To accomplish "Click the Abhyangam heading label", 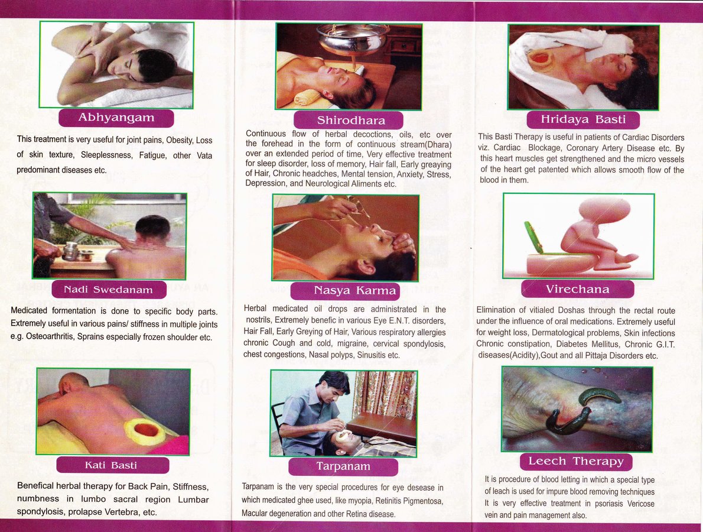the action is [x=116, y=118].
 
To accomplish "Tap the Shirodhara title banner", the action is [x=349, y=120].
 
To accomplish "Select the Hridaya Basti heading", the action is [x=583, y=119].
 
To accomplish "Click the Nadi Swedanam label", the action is [x=109, y=290].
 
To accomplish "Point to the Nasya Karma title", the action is [x=345, y=291].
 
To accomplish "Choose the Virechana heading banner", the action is [x=578, y=289].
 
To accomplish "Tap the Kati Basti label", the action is [x=112, y=465].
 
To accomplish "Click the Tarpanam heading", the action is [x=343, y=466].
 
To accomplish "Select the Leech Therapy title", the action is [x=576, y=462].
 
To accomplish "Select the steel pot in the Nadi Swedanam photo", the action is [x=70, y=251].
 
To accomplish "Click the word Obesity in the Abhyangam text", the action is [x=179, y=140].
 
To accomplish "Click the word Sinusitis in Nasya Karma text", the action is [x=372, y=355].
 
